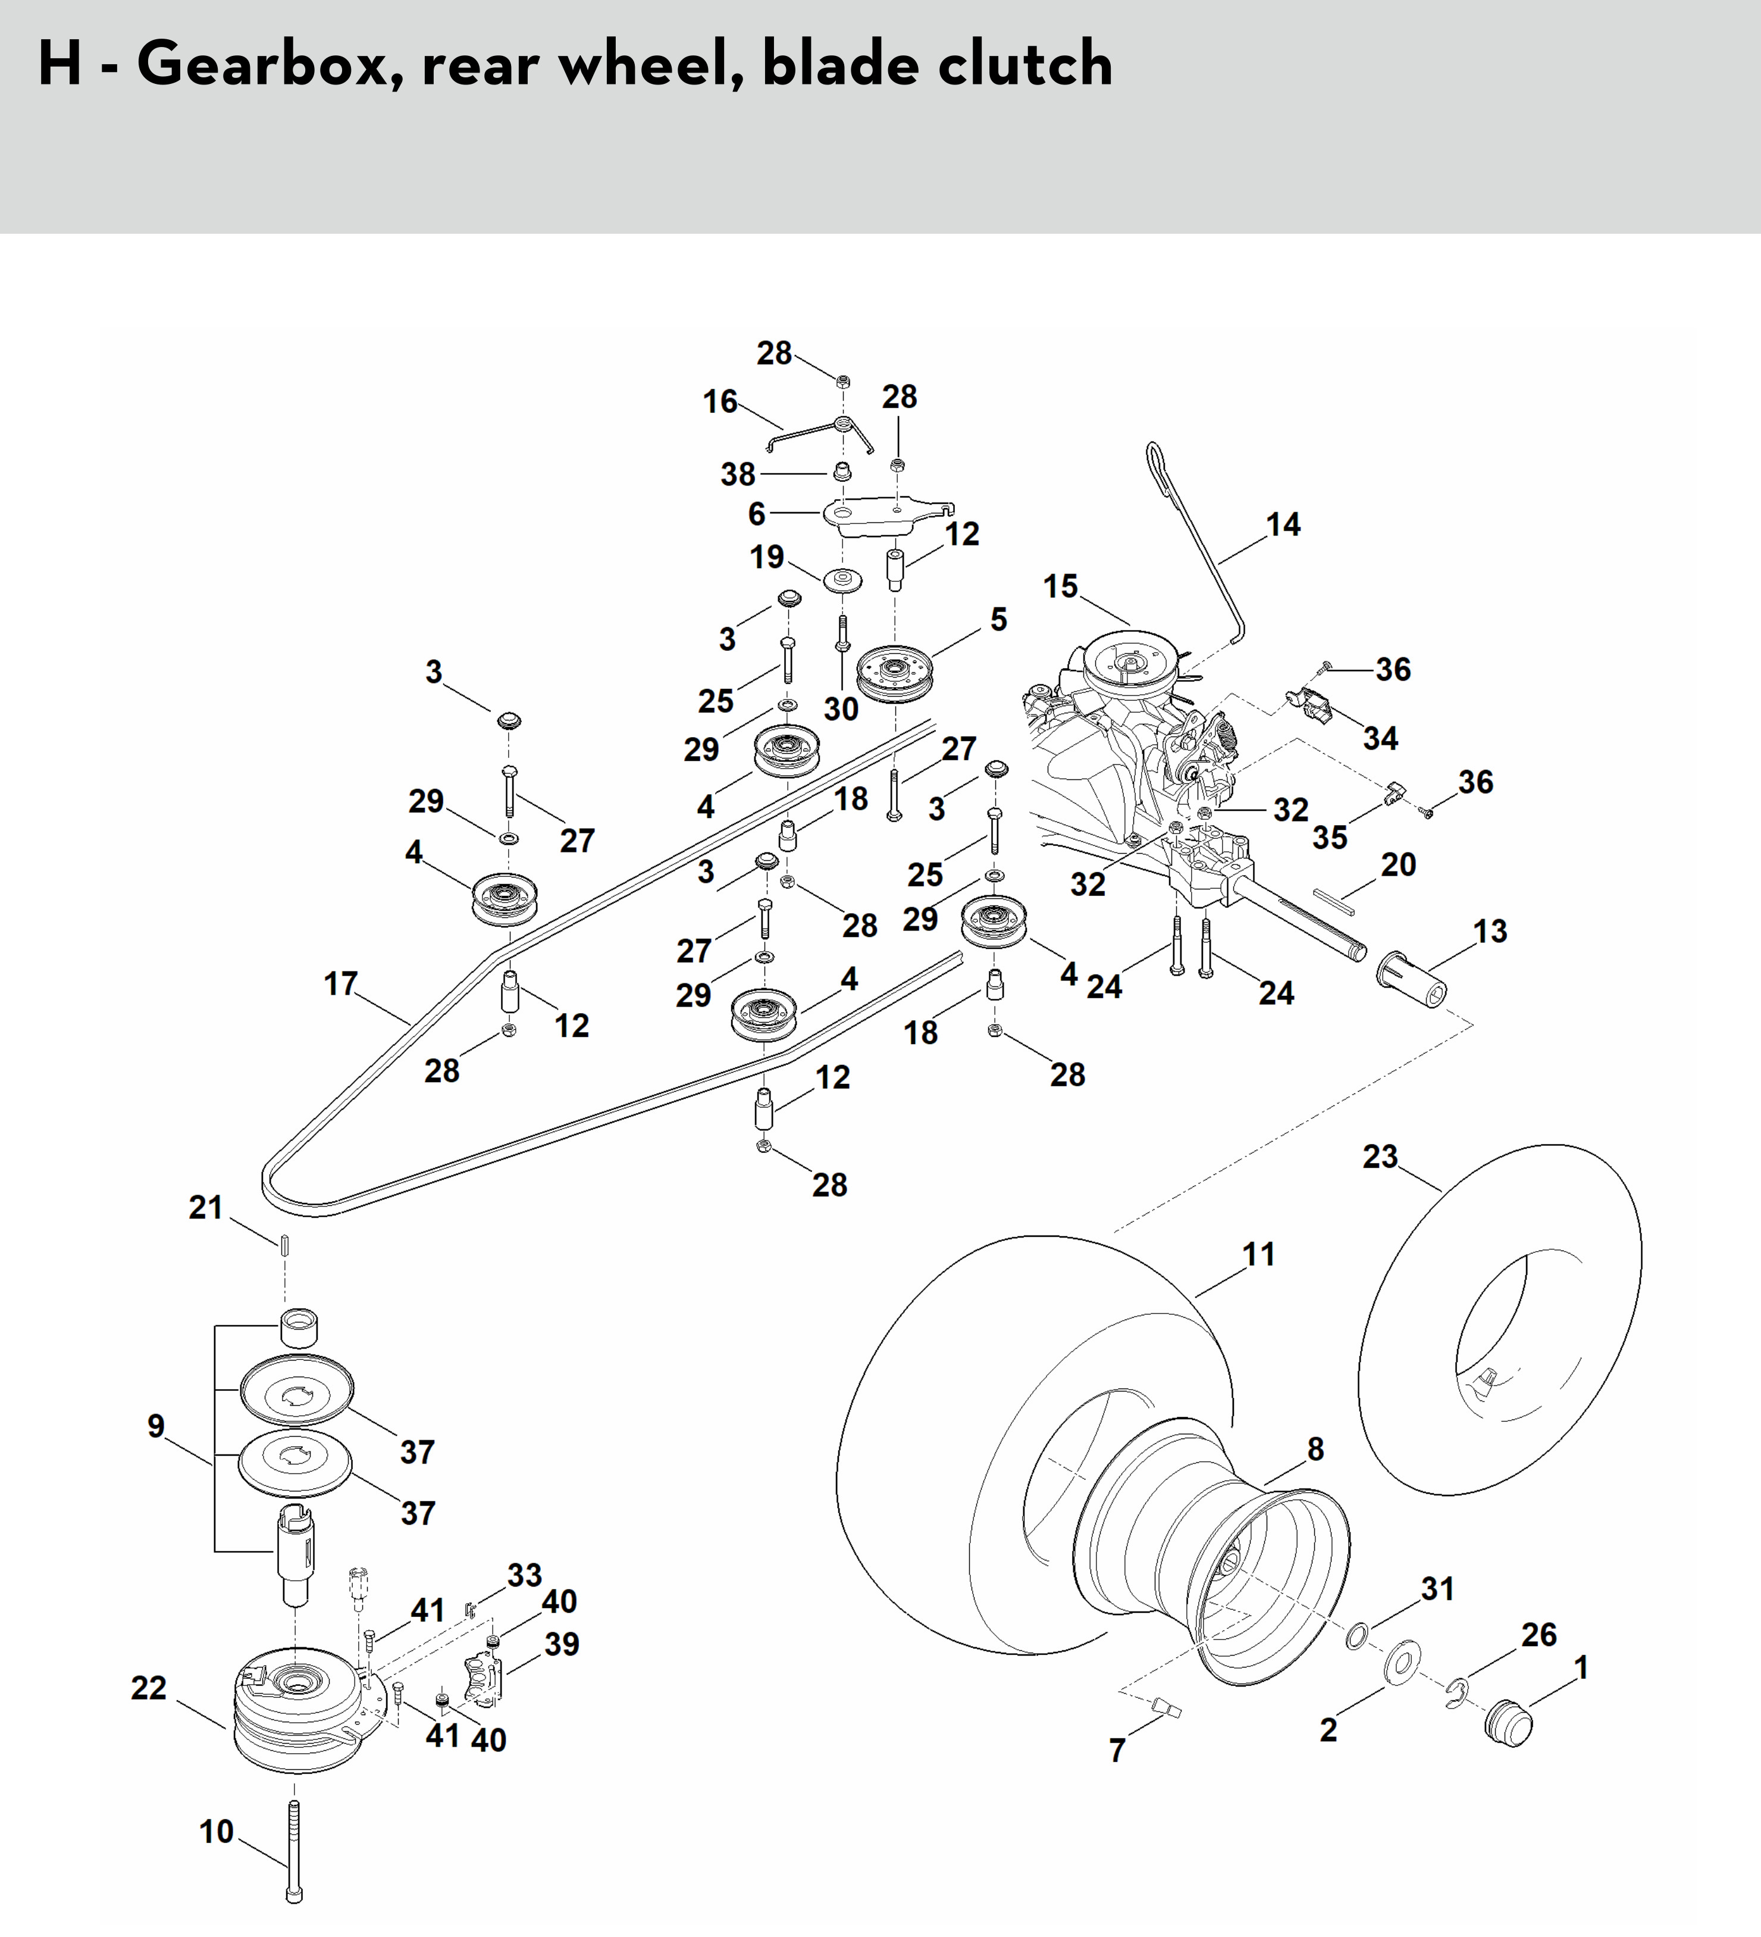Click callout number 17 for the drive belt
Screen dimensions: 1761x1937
[x=341, y=984]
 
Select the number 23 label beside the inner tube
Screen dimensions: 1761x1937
[x=1380, y=1156]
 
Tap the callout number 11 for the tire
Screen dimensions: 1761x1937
[x=1258, y=1254]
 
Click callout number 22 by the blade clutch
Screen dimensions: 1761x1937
[x=149, y=1688]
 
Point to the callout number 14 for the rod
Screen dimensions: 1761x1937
[x=1283, y=525]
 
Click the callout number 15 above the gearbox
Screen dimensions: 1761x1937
[x=1061, y=586]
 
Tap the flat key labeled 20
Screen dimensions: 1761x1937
[x=1336, y=900]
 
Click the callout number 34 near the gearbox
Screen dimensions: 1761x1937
[x=1381, y=738]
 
